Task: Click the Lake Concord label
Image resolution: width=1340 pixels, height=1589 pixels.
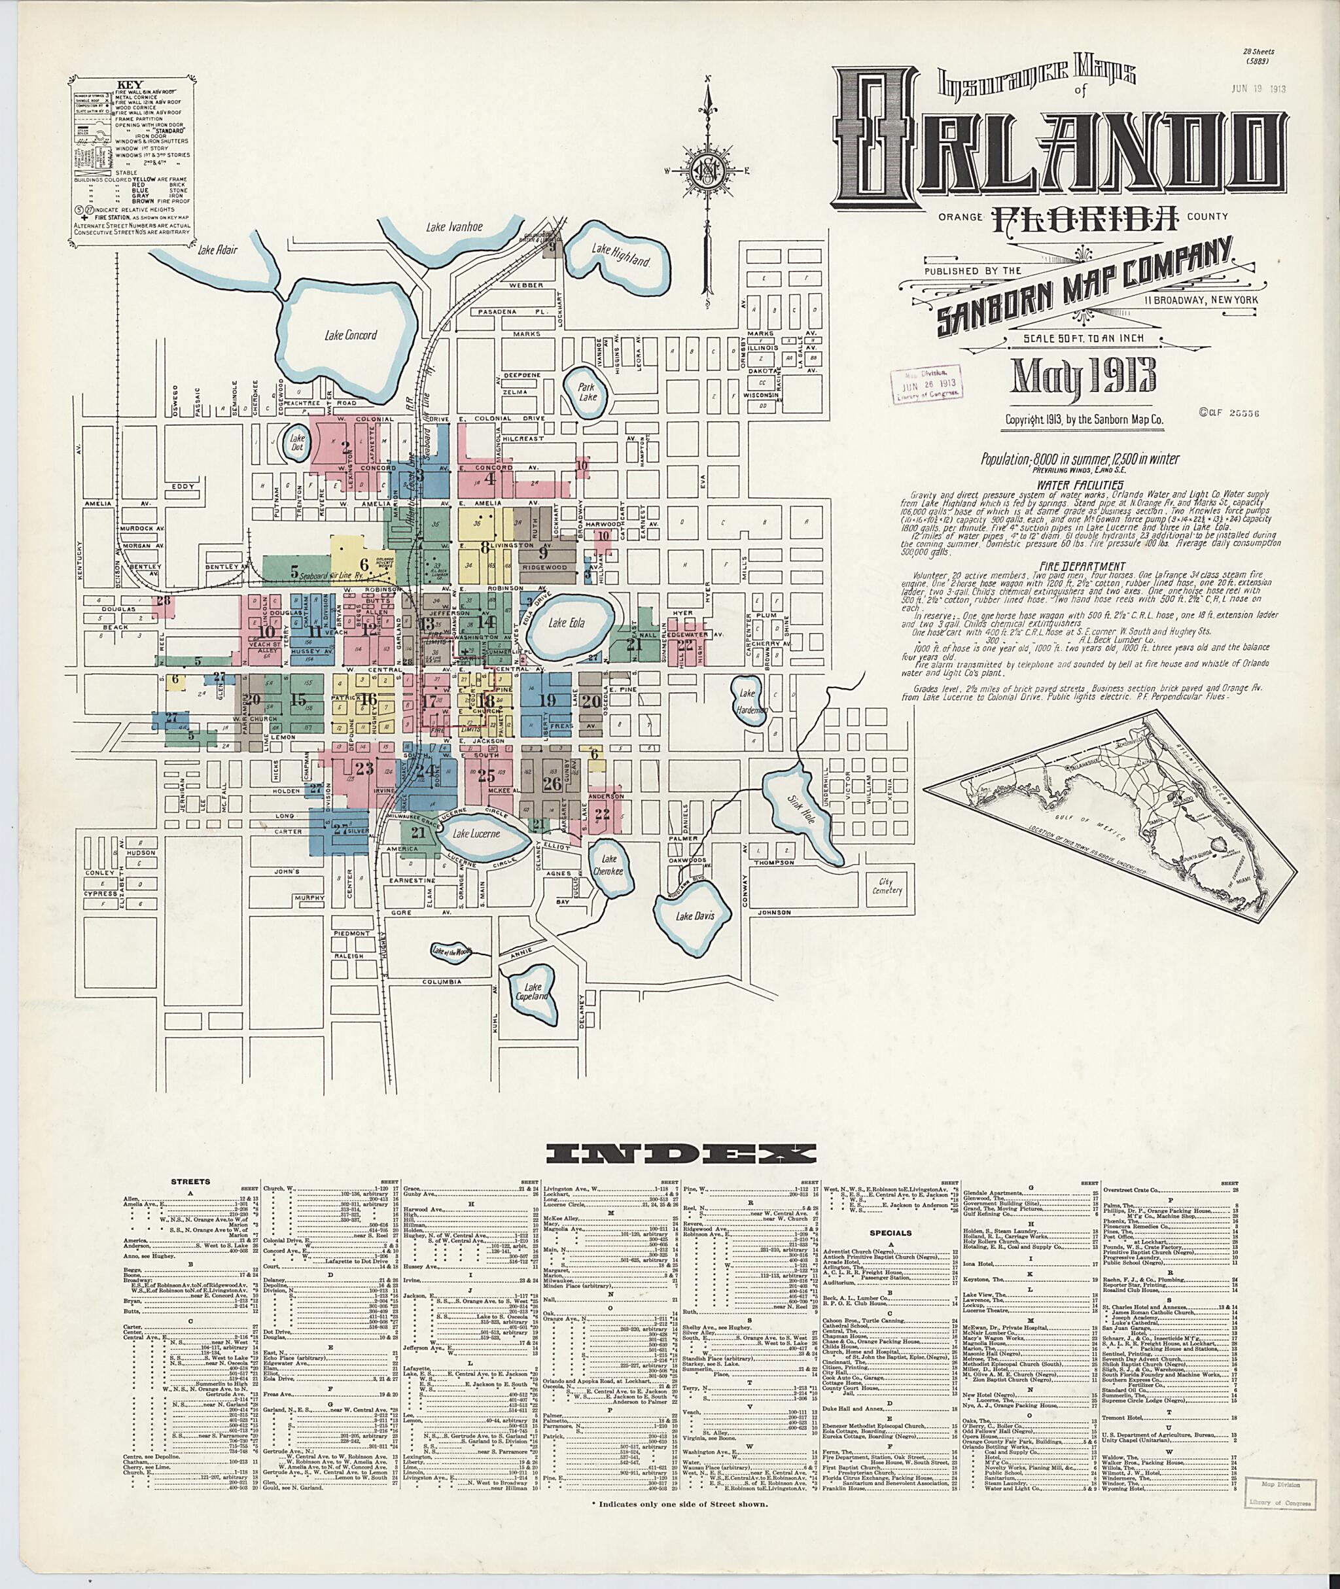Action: (348, 335)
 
